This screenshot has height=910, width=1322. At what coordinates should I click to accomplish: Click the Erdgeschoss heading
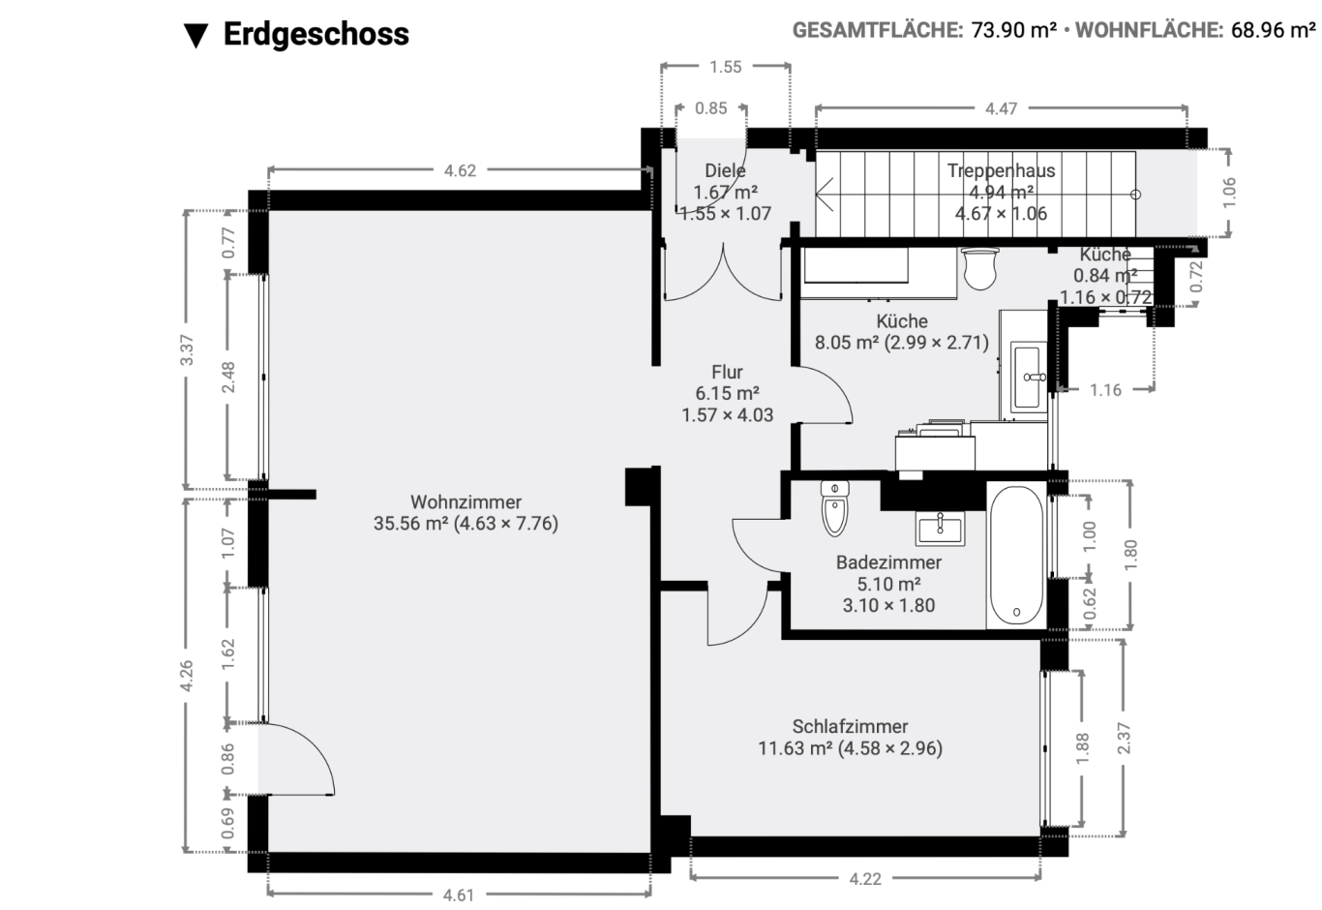pyautogui.click(x=315, y=34)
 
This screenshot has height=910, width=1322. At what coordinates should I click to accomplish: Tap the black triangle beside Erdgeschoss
pyautogui.click(x=195, y=36)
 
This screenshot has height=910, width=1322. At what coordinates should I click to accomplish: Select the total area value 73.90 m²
pyautogui.click(x=1013, y=29)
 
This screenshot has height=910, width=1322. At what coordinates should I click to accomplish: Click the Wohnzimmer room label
pyautogui.click(x=466, y=501)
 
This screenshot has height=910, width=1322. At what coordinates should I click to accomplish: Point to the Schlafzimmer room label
pyautogui.click(x=850, y=726)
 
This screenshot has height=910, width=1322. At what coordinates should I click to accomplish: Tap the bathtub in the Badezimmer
pyautogui.click(x=1016, y=555)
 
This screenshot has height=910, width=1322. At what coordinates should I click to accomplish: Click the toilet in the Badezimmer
pyautogui.click(x=834, y=508)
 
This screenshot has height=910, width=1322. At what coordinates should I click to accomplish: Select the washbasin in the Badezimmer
pyautogui.click(x=940, y=528)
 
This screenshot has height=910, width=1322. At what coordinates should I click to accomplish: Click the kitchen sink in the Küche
pyautogui.click(x=1029, y=377)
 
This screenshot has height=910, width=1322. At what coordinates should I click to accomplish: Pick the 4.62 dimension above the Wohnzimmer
pyautogui.click(x=460, y=170)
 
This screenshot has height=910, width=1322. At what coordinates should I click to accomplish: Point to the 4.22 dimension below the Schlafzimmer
pyautogui.click(x=865, y=879)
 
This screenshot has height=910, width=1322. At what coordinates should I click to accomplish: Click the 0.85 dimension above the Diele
pyautogui.click(x=711, y=108)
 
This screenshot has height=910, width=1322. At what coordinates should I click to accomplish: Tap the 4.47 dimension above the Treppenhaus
pyautogui.click(x=1001, y=108)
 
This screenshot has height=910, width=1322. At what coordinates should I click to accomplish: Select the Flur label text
pyautogui.click(x=727, y=372)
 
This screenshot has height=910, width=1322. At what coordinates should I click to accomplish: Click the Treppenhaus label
pyautogui.click(x=1001, y=170)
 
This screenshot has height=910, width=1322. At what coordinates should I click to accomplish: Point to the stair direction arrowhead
pyautogui.click(x=824, y=195)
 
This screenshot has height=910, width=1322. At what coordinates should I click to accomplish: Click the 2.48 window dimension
pyautogui.click(x=228, y=377)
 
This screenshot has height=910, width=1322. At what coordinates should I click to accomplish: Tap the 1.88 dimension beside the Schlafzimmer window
pyautogui.click(x=1082, y=748)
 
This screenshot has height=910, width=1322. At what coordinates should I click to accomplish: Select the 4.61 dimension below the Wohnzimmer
pyautogui.click(x=459, y=895)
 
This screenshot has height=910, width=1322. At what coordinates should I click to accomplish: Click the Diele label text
pyautogui.click(x=725, y=170)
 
